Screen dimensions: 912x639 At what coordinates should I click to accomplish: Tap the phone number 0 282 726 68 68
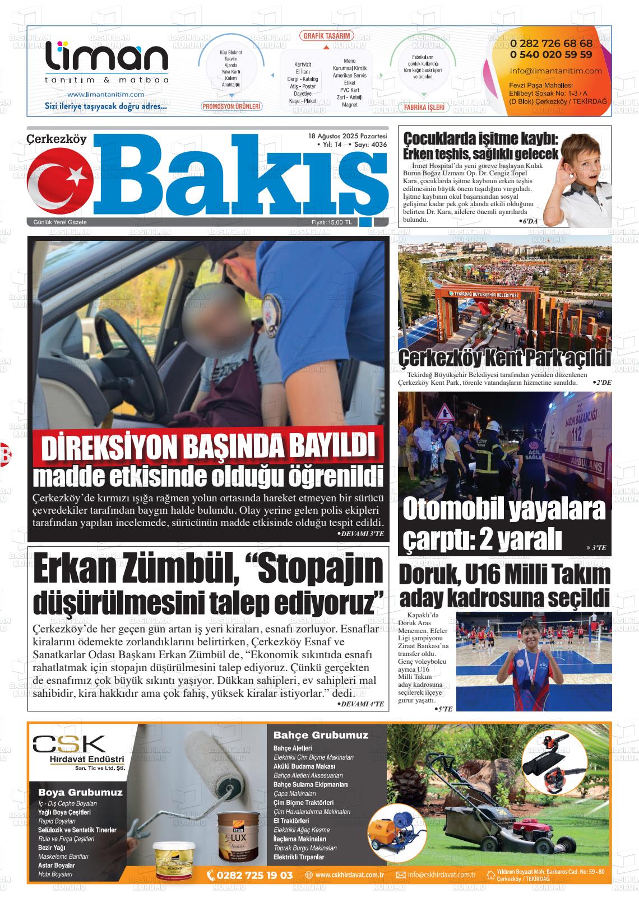tap(551, 44)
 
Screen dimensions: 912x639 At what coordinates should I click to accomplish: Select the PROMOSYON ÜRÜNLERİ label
tap(231, 106)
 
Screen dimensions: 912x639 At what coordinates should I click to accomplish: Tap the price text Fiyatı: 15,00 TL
tap(332, 222)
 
